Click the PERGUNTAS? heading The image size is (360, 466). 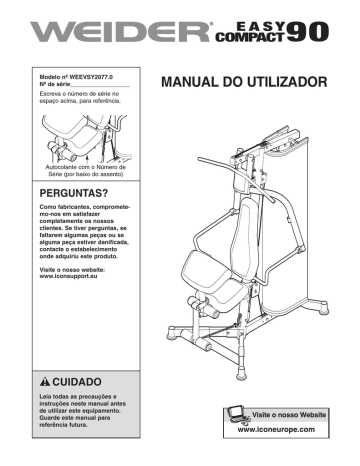(x=73, y=190)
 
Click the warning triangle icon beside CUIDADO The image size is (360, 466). (x=46, y=382)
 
